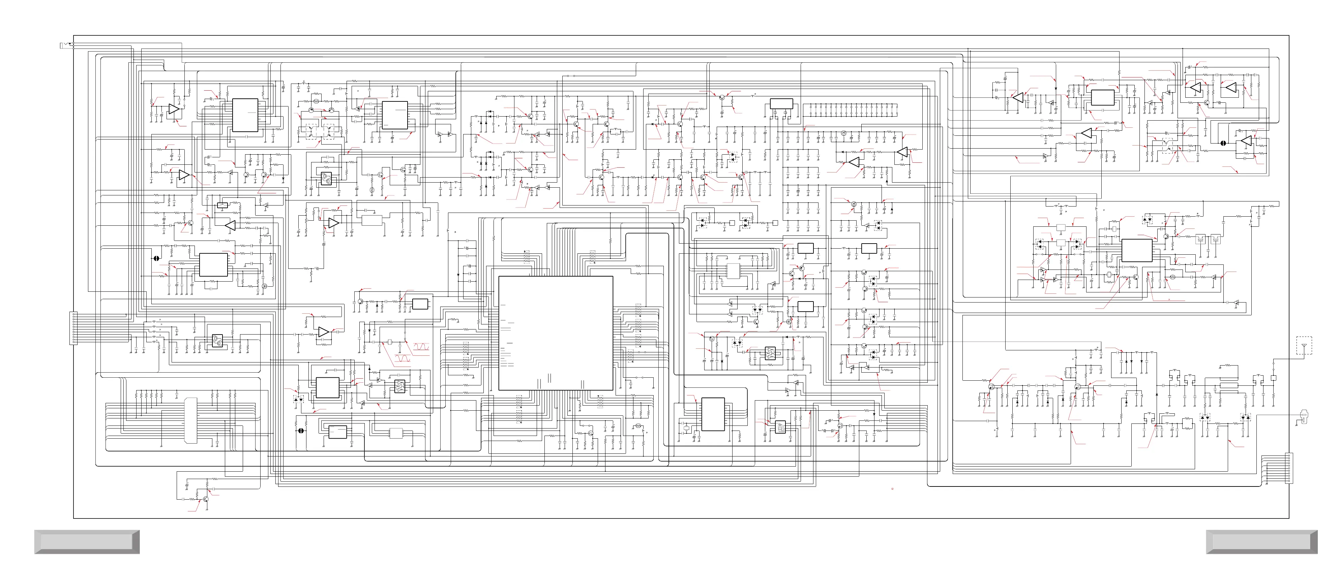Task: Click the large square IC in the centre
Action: pos(555,333)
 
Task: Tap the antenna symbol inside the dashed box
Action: pos(1303,346)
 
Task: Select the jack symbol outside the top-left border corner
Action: pos(65,46)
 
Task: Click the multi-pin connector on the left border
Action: pos(73,327)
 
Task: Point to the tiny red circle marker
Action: pos(892,488)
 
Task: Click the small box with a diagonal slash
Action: pos(222,205)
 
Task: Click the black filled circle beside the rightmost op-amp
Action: pos(1223,143)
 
